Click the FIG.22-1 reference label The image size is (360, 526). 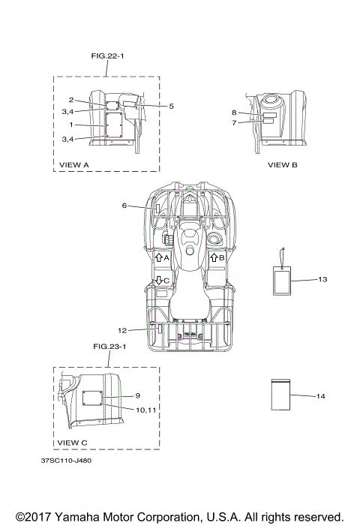[x=107, y=56]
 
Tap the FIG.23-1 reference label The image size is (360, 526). [x=109, y=346]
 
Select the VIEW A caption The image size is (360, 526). [x=74, y=165]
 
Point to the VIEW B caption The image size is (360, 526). [x=283, y=165]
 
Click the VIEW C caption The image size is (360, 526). [x=73, y=443]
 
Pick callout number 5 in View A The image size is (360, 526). [x=171, y=106]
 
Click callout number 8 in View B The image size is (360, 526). [x=234, y=113]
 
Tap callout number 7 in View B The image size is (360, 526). [x=234, y=123]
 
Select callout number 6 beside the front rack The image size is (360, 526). [x=124, y=205]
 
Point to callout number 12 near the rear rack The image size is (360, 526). [x=122, y=330]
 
